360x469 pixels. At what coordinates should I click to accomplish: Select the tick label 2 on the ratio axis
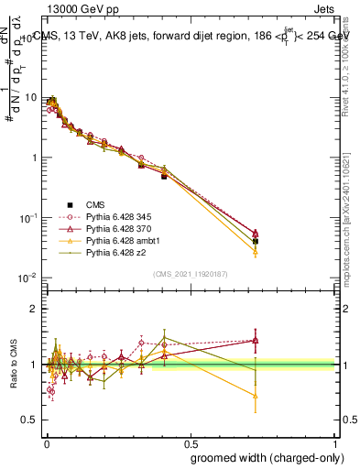pos(34,310)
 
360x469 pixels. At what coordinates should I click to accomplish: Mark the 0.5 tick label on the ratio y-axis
pos(29,420)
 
